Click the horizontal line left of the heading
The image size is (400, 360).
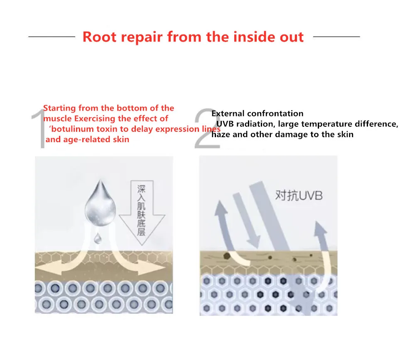pyautogui.click(x=52, y=37)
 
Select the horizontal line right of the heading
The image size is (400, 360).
pyautogui.click(x=336, y=37)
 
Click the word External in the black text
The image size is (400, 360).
pyautogui.click(x=228, y=113)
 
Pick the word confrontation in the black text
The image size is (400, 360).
pyautogui.click(x=275, y=113)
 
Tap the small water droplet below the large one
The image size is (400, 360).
pyautogui.click(x=98, y=238)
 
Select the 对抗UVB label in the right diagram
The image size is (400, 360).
pyautogui.click(x=298, y=195)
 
